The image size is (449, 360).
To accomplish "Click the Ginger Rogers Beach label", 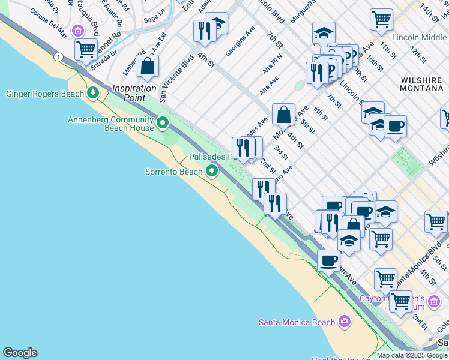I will [x=44, y=94].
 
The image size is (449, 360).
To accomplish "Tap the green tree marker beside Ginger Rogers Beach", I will [x=92, y=92].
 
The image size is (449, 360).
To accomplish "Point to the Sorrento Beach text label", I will [x=174, y=172].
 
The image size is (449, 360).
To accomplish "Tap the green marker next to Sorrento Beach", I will [x=211, y=172].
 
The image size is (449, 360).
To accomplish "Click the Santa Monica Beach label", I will [x=297, y=322].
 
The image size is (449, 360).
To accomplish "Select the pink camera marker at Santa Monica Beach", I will [x=344, y=322].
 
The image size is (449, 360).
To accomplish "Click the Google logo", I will [x=20, y=353].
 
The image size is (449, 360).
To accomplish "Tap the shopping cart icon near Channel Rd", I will [x=86, y=49].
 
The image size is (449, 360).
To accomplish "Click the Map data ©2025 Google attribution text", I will [x=412, y=355].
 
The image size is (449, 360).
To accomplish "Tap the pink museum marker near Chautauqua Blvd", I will [x=77, y=31].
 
